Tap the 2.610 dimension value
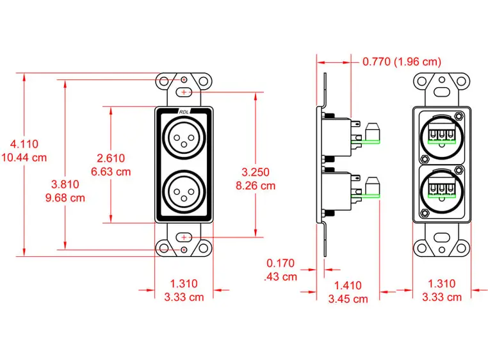[x=111, y=158]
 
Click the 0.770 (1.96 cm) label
[x=402, y=62]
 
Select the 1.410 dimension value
[x=348, y=286]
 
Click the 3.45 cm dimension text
[x=348, y=299]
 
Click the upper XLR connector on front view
[x=184, y=136]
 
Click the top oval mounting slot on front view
[x=184, y=94]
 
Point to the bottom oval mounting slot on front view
[x=184, y=237]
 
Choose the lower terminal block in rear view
[x=441, y=191]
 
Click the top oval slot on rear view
[x=441, y=94]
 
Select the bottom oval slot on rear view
[x=441, y=236]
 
